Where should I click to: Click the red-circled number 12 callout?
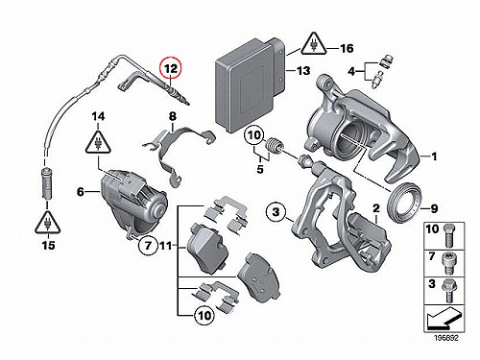tap(171, 68)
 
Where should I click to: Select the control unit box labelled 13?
tap(249, 84)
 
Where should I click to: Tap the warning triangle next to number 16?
tap(314, 44)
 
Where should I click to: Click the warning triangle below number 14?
tap(98, 142)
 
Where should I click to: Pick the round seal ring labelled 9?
tap(403, 202)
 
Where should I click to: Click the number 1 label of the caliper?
tap(434, 156)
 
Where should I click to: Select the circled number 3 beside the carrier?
tap(276, 211)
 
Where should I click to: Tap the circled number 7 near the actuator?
tap(148, 246)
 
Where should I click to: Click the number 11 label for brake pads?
tap(166, 246)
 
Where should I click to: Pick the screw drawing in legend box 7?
tap(449, 263)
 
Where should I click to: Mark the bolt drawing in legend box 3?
tap(447, 291)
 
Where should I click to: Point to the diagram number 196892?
tap(446, 338)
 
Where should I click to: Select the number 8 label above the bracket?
tap(173, 116)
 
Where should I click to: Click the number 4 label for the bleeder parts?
tap(351, 71)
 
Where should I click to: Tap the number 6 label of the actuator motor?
tap(81, 192)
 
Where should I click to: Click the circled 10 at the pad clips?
tap(204, 316)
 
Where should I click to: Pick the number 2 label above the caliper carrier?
tap(376, 208)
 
